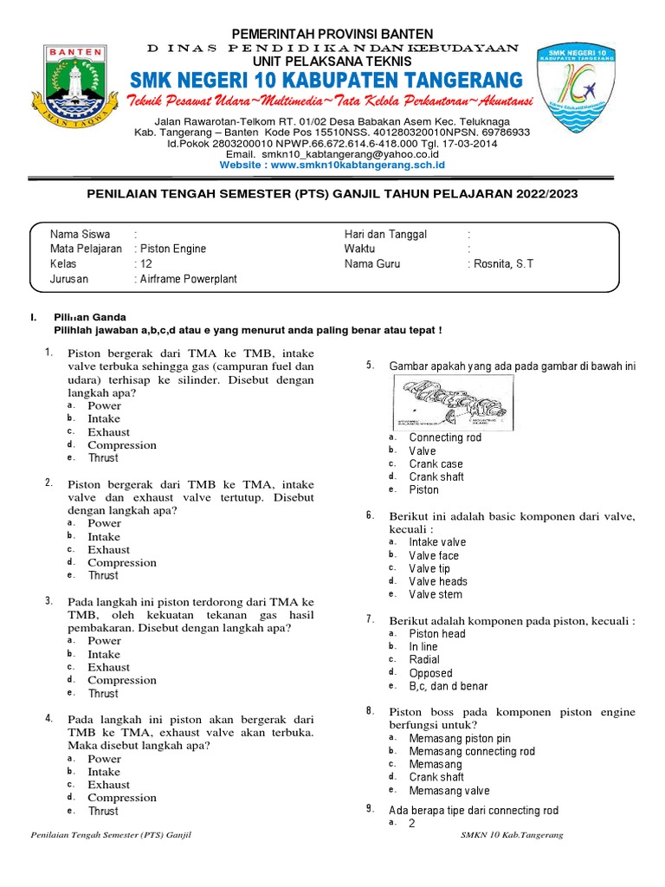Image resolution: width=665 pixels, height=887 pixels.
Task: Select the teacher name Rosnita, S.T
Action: pos(503,264)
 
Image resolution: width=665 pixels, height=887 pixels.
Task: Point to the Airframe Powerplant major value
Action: pos(188,280)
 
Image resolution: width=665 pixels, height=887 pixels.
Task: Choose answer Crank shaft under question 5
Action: pos(436,476)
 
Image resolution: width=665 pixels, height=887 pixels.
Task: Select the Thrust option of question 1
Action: pos(103,458)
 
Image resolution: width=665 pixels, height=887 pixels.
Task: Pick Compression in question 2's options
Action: pos(122,562)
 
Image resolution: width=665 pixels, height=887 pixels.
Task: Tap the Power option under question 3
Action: pos(105,641)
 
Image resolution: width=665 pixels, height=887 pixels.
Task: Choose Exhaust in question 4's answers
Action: pos(109,785)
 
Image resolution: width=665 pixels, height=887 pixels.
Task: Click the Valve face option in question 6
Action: pos(434,555)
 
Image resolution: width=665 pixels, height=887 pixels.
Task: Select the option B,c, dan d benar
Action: pos(449,686)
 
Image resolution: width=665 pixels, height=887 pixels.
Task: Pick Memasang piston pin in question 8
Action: pos(460,738)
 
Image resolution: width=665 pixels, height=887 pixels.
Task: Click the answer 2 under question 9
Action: pos(412,824)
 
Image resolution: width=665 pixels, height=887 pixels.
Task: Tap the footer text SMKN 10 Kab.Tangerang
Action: pos(513,835)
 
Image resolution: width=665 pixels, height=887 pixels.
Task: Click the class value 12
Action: pos(144,264)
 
